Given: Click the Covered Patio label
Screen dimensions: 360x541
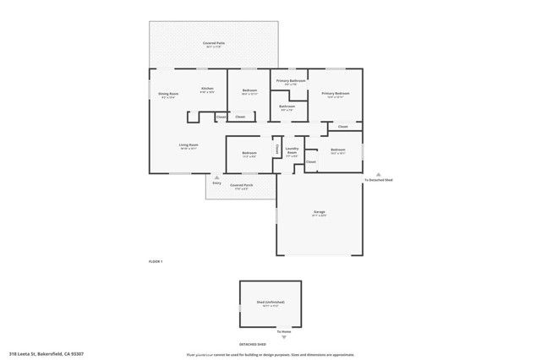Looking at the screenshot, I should click(213, 42).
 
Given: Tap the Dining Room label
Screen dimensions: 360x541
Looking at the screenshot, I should click(168, 94).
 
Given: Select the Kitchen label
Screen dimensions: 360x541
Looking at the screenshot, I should click(207, 89).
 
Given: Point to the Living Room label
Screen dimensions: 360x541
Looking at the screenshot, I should click(189, 145).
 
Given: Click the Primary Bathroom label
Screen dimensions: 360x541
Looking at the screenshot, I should click(290, 81).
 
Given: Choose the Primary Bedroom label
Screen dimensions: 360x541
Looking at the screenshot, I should click(335, 94).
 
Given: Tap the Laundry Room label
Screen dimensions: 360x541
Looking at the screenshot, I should click(292, 152).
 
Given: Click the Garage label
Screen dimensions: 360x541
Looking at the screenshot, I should click(320, 212).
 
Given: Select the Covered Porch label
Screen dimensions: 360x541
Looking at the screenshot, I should click(240, 185).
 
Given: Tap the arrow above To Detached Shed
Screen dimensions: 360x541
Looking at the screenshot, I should click(378, 173).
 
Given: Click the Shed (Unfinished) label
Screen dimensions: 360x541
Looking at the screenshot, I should click(270, 303).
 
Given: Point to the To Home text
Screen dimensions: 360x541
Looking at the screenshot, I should click(270, 332).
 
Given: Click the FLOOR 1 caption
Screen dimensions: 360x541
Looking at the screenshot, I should click(156, 262).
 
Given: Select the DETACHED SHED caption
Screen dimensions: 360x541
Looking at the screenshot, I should click(251, 345).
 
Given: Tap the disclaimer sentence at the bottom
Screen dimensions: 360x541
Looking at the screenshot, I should click(270, 355).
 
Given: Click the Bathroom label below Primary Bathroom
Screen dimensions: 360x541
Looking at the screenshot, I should click(287, 107).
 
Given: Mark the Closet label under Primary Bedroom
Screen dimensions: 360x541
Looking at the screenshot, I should click(342, 127).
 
